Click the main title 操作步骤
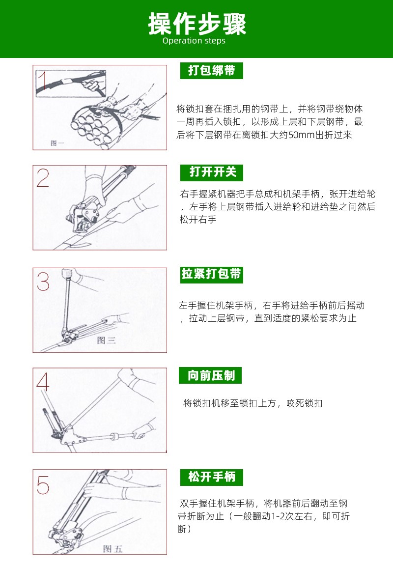196,24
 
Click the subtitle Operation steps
194,41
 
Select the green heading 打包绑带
211,70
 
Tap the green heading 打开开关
211,172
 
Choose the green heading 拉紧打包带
211,274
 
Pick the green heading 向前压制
210,376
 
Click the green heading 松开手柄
211,478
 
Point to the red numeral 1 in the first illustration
43,81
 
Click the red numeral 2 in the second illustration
43,178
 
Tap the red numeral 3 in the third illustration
43,282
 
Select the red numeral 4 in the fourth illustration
43,382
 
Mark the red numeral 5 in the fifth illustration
43,484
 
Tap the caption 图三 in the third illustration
106,340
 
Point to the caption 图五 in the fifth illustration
113,549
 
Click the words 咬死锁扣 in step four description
305,403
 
